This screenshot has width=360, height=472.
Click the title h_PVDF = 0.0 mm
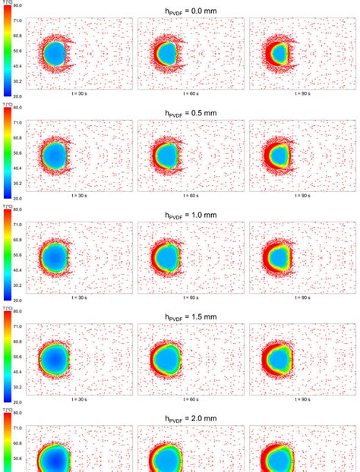[x=191, y=11]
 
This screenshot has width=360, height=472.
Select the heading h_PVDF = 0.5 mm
[x=191, y=112]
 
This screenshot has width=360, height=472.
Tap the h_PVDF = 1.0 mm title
[x=191, y=215]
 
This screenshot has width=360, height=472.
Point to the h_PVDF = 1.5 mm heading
[x=191, y=316]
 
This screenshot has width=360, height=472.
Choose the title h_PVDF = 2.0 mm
[x=191, y=418]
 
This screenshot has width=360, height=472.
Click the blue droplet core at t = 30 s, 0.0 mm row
[x=54, y=54]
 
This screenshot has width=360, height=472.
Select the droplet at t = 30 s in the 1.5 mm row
[x=54, y=358]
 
